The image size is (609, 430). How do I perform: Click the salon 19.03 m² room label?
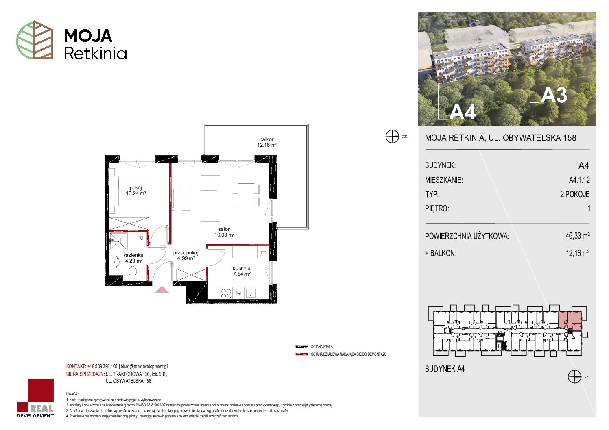(x=224, y=232)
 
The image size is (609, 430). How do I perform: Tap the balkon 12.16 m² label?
(x=267, y=142)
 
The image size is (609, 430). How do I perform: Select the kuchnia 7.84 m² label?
(x=241, y=271)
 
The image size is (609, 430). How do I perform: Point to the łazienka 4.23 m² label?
(x=133, y=258)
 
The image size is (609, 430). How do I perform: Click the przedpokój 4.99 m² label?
(x=186, y=256)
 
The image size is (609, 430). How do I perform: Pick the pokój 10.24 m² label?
(x=135, y=191)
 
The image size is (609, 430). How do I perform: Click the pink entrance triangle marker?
(x=162, y=289)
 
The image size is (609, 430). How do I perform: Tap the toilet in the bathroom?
(x=133, y=271)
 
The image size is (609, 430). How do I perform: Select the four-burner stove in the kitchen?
(x=226, y=293)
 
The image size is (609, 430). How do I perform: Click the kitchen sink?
(x=251, y=293)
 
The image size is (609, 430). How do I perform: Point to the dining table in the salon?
(x=246, y=195)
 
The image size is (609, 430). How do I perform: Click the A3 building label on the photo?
(x=554, y=96)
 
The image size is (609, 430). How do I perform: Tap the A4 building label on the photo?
(x=462, y=112)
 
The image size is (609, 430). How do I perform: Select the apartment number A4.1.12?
(x=579, y=180)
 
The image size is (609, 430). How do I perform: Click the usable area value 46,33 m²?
(x=577, y=235)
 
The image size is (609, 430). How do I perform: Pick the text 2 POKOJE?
(x=575, y=194)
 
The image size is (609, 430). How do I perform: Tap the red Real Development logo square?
(x=41, y=391)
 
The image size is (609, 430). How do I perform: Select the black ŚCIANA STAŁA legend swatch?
(x=301, y=347)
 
